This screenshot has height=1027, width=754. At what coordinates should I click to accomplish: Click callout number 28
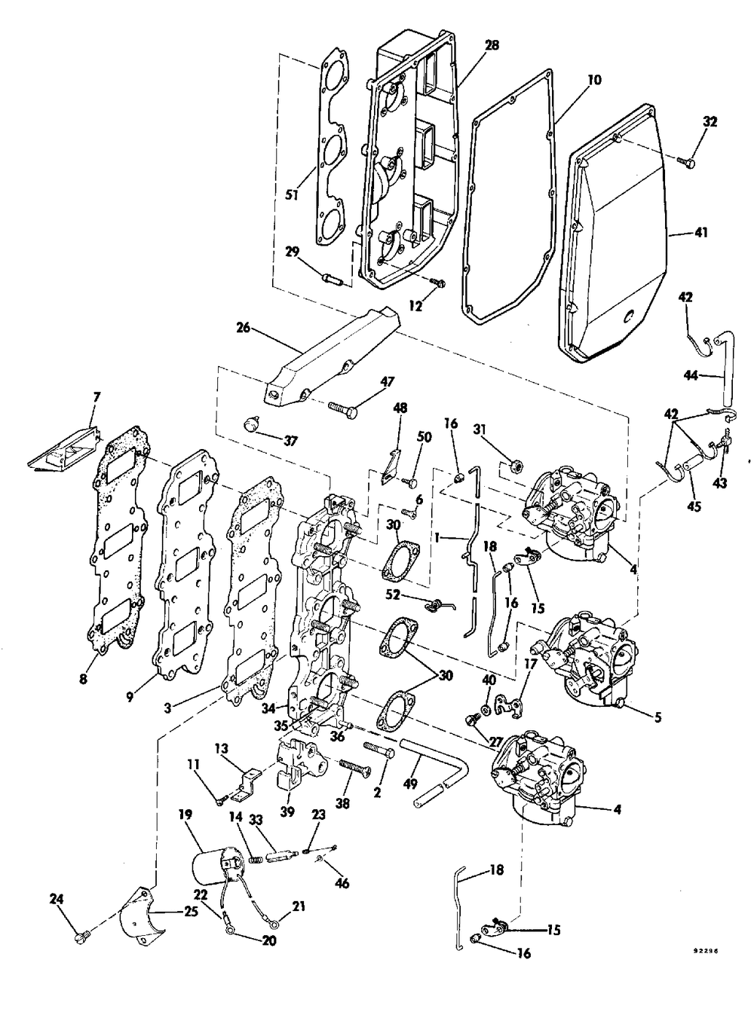[x=493, y=45]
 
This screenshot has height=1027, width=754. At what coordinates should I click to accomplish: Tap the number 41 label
[x=700, y=233]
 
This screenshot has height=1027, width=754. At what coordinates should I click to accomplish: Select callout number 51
[x=290, y=195]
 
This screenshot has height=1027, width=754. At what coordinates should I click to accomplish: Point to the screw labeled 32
[x=685, y=160]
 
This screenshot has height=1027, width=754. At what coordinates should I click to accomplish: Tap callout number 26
[x=244, y=329]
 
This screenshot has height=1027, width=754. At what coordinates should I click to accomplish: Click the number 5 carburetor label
[x=657, y=717]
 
